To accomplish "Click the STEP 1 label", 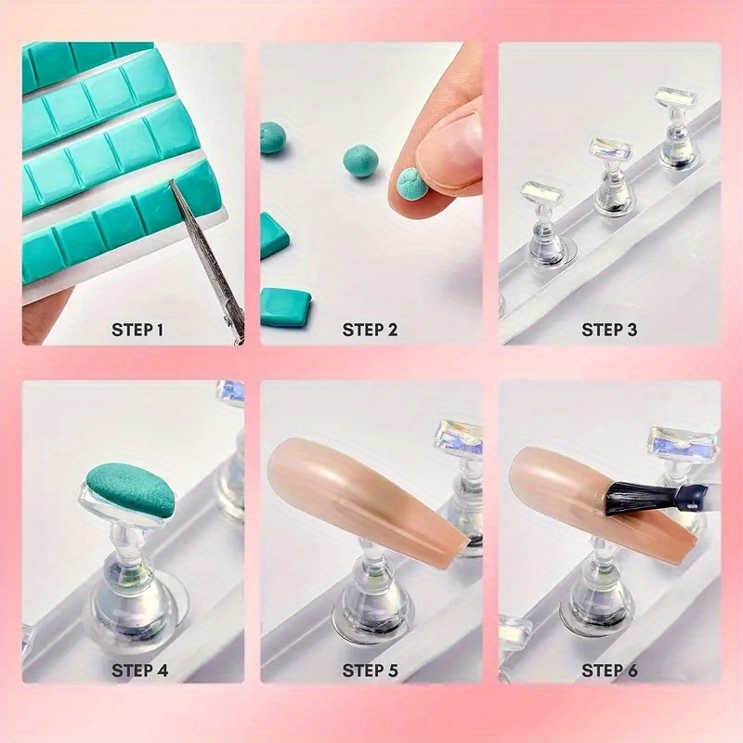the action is (x=137, y=330).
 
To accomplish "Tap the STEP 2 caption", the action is (x=370, y=330).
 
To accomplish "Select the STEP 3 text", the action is (x=609, y=330).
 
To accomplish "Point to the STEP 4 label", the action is (x=139, y=671).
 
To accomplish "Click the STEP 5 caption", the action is (x=370, y=671).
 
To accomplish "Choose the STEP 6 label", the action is (x=609, y=671).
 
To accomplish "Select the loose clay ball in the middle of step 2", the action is (x=359, y=161).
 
